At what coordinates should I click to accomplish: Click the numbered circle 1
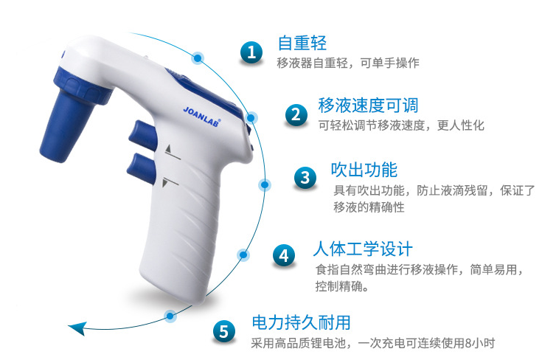pos(251,52)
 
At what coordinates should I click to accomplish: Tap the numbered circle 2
pos(296,114)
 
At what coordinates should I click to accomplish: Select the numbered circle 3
pos(305,178)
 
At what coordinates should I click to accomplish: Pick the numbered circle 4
pos(284,256)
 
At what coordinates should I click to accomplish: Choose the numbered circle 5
pos(223,331)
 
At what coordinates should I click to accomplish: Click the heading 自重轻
pos(302,43)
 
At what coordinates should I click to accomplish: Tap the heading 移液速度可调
pos(368,105)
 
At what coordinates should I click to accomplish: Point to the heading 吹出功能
pos(364,170)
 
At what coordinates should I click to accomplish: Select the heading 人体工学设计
pos(363,249)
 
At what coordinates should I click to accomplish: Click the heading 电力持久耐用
pos(301,322)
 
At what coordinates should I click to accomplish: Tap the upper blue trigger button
pos(142,134)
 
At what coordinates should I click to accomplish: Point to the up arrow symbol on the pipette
pos(168,149)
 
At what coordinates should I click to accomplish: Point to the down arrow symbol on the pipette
pos(165,183)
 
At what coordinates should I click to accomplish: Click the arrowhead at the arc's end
pos(77,328)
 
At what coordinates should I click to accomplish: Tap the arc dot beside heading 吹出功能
pos(265,184)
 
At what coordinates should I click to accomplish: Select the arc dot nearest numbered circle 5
pos(170,316)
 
